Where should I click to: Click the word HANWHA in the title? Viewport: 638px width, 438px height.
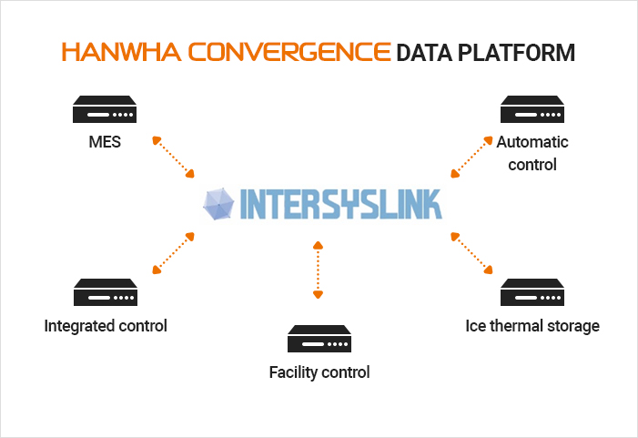pos(116,52)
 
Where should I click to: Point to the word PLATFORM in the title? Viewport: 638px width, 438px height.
pos(520,52)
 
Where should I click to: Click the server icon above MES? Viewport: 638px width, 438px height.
pos(105,111)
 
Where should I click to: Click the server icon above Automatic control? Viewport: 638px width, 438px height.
pos(532,111)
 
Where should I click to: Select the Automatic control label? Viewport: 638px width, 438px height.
pos(532,153)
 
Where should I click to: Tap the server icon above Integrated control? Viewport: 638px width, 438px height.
pos(105,293)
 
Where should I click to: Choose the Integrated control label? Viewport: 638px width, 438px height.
pos(106,325)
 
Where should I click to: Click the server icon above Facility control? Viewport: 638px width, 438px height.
pos(319,339)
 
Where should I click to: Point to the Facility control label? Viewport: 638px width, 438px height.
pos(319,372)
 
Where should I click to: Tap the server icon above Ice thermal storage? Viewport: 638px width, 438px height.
pos(532,293)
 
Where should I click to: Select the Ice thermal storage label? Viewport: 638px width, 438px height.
pos(532,325)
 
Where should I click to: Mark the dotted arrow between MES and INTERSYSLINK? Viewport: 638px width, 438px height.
pos(174,157)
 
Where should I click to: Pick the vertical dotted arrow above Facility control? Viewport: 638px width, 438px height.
pos(318,270)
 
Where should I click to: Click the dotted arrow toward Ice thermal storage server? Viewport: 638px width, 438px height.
pos(471,252)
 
